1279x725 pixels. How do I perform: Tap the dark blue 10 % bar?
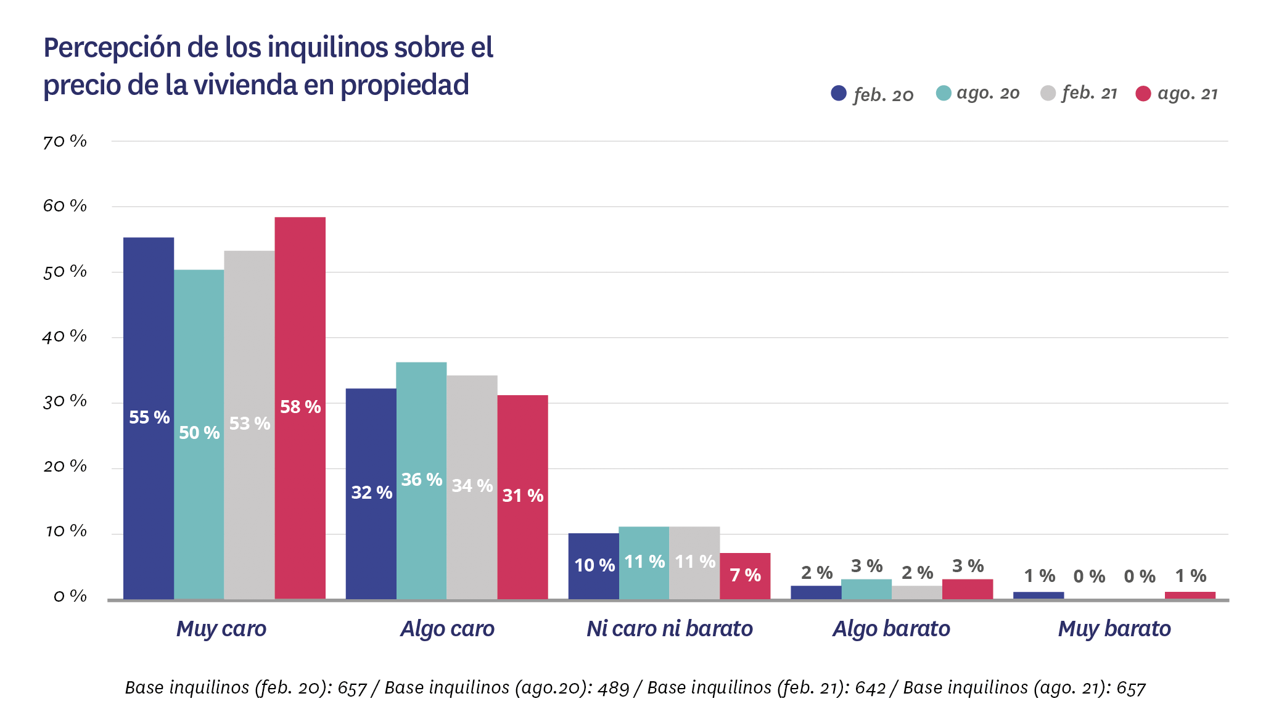(x=593, y=566)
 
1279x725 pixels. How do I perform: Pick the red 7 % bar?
(x=745, y=576)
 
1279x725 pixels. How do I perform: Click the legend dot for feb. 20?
(x=839, y=93)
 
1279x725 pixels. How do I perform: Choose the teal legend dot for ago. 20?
(x=944, y=93)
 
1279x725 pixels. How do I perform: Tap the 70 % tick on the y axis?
(x=65, y=142)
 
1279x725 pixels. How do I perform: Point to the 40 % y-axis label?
(x=65, y=337)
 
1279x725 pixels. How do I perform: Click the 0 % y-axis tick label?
(x=70, y=596)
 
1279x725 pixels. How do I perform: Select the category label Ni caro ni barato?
(x=669, y=629)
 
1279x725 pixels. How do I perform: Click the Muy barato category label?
(x=1114, y=629)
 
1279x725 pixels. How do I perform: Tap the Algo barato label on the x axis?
(x=891, y=629)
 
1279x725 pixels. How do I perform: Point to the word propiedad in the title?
(x=405, y=85)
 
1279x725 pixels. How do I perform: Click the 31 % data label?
(x=522, y=496)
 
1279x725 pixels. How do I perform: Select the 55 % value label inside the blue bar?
(x=149, y=417)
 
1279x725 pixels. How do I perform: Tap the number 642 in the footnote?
(x=870, y=688)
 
